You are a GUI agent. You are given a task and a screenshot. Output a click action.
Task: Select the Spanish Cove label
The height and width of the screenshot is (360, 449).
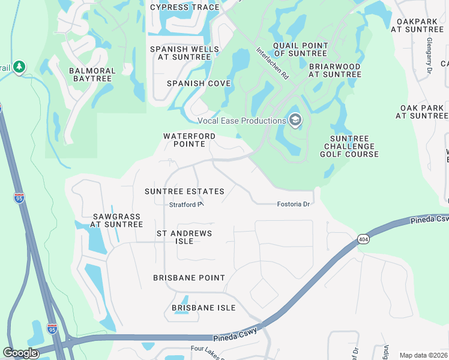[199, 83]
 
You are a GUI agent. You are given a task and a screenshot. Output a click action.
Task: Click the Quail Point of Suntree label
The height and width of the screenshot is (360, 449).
[300, 49]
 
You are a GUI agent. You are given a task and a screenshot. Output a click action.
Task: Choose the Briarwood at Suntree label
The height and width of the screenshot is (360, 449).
[335, 70]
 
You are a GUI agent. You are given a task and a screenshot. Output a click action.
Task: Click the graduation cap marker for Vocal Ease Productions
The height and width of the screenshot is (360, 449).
[295, 120]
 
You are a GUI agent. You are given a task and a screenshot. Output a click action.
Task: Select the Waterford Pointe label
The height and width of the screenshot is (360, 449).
[189, 140]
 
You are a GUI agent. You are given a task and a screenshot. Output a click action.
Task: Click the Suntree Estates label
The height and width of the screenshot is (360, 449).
[184, 191]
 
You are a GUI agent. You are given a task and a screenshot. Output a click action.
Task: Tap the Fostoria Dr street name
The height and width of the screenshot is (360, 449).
[293, 204]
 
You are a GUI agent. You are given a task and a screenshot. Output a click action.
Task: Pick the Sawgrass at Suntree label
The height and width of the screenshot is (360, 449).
[117, 220]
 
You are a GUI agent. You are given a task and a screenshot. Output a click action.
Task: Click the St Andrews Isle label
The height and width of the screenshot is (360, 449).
[184, 236]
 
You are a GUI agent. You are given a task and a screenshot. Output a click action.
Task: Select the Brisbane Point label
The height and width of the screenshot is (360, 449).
[189, 278]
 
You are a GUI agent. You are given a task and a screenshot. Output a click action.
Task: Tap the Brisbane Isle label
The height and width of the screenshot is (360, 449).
[203, 308]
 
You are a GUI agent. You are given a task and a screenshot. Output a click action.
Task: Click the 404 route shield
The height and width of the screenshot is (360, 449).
[362, 238]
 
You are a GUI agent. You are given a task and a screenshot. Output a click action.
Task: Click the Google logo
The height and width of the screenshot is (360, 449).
[20, 353]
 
